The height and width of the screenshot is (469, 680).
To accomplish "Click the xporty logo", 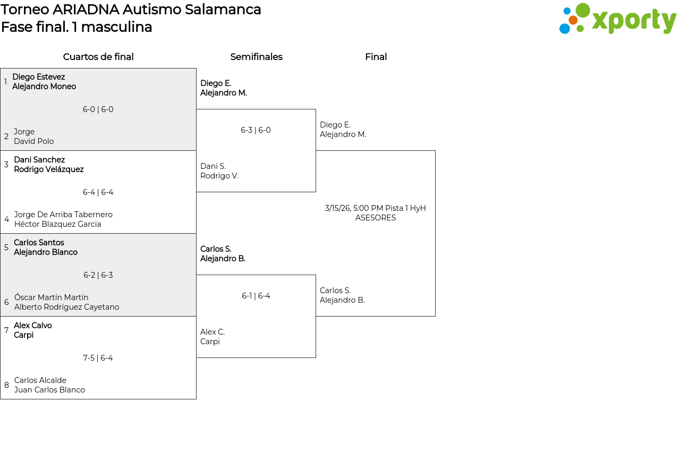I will click(x=617, y=19).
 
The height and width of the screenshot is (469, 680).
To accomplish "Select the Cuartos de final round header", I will click(x=98, y=57).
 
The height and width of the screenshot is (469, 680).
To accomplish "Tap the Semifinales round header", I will click(x=256, y=57).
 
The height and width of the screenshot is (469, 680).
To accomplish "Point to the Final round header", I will click(x=376, y=57).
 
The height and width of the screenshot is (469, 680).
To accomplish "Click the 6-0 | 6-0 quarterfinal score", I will click(x=98, y=109).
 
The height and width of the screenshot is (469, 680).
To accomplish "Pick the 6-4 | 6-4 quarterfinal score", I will click(x=98, y=192).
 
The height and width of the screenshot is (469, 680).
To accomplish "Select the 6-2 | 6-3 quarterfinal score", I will click(x=98, y=275).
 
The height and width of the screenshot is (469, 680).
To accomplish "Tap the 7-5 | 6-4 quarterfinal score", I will click(x=98, y=358).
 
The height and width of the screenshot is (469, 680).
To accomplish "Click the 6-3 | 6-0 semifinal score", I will click(x=256, y=130).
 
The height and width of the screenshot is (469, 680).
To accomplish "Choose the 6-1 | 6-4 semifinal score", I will click(x=256, y=296).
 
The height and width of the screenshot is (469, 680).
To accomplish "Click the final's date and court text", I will click(x=376, y=213).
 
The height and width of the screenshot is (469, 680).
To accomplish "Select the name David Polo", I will click(x=34, y=141).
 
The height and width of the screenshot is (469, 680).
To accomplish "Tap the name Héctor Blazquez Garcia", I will click(x=58, y=224).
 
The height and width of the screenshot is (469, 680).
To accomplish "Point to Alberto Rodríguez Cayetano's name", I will click(x=67, y=307).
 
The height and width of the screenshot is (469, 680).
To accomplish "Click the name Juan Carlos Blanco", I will click(x=49, y=390).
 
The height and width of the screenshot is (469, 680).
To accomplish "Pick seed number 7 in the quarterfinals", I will click(x=6, y=330).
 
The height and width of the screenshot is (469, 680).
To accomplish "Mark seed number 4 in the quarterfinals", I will click(x=6, y=219).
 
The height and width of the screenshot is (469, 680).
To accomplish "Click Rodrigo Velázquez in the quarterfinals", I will click(x=49, y=169).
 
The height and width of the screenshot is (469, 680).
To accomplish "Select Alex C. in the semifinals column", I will click(x=212, y=332).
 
